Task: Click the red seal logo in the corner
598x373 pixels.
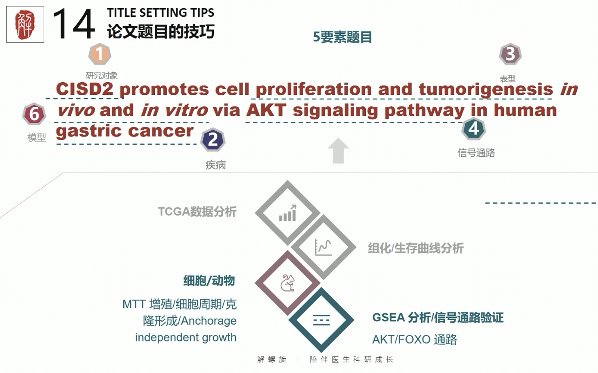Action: click(x=25, y=24)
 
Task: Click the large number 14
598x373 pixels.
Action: click(x=74, y=24)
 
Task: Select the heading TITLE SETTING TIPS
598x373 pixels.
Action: click(x=161, y=13)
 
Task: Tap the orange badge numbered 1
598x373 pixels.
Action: click(x=100, y=54)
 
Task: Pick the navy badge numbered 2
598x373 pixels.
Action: click(x=213, y=140)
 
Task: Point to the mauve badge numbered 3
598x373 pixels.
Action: click(x=510, y=54)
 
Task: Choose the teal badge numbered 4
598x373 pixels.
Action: click(x=473, y=129)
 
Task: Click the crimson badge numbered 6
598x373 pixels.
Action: click(x=34, y=114)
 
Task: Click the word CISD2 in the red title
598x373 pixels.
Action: click(x=85, y=89)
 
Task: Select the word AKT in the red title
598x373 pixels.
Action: click(x=266, y=110)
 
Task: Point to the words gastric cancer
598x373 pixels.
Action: click(x=125, y=131)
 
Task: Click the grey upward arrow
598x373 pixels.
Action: click(x=338, y=151)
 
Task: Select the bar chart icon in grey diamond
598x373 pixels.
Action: click(x=288, y=213)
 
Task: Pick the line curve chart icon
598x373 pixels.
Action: click(x=323, y=247)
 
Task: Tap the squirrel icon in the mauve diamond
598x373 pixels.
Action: click(x=288, y=283)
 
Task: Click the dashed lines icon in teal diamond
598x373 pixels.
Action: click(x=321, y=320)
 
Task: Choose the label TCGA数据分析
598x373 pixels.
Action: click(x=197, y=212)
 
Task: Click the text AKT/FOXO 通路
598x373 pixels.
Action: click(x=415, y=340)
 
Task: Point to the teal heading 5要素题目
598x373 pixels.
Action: click(x=342, y=37)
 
